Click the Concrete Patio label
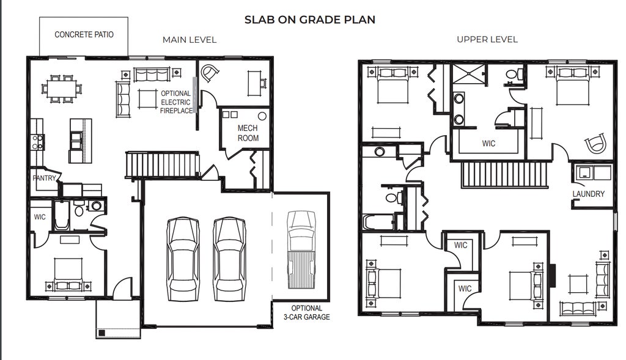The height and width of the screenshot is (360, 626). coord(84,35)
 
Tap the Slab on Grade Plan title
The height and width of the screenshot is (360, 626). coord(310,20)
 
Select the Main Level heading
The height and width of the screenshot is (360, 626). coord(190,40)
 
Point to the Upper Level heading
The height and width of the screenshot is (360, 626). coord(487,39)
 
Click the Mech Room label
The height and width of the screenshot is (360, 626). coord(248,133)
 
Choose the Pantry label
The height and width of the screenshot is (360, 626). coord(44,178)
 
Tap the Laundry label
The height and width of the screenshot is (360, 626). coord(589,194)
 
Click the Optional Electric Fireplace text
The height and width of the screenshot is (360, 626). coord(176,102)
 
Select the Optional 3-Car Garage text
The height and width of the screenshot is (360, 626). coord(307,312)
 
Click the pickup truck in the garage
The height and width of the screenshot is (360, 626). coord(301,249)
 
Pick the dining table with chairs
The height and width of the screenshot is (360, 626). coord(62,89)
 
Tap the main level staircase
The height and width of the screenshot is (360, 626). coord(162,164)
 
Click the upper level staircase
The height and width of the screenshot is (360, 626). coord(504,174)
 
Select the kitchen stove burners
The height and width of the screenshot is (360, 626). coord(37,142)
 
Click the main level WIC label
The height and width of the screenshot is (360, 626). coord(40,217)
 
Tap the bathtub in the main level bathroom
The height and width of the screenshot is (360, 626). coord(61,216)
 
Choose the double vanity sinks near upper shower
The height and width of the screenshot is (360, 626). coord(458,108)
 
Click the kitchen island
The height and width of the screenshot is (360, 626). coord(80,141)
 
